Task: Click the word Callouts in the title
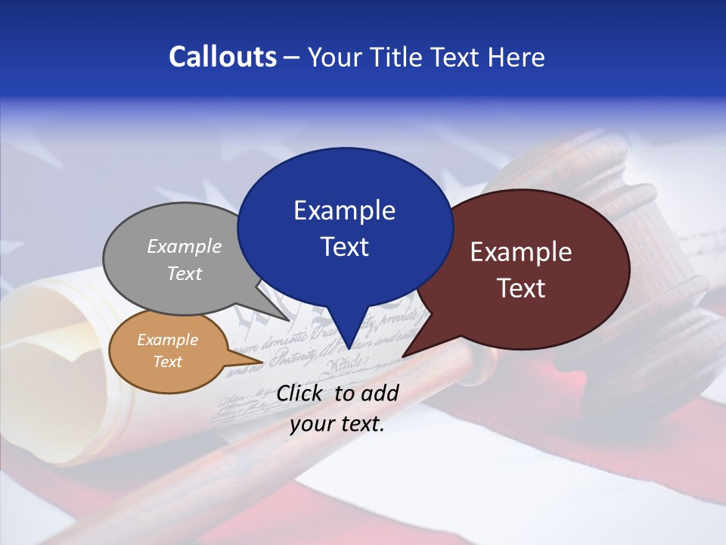[222, 57]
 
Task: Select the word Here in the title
[513, 57]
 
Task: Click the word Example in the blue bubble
[344, 210]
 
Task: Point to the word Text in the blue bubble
[344, 247]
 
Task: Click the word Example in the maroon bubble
[521, 252]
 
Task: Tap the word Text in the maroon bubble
[521, 288]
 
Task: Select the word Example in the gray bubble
[185, 247]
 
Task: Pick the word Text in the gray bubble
[185, 274]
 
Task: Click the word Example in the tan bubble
[167, 340]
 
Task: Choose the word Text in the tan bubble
[167, 362]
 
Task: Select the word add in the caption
[380, 393]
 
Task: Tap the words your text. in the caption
[337, 425]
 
